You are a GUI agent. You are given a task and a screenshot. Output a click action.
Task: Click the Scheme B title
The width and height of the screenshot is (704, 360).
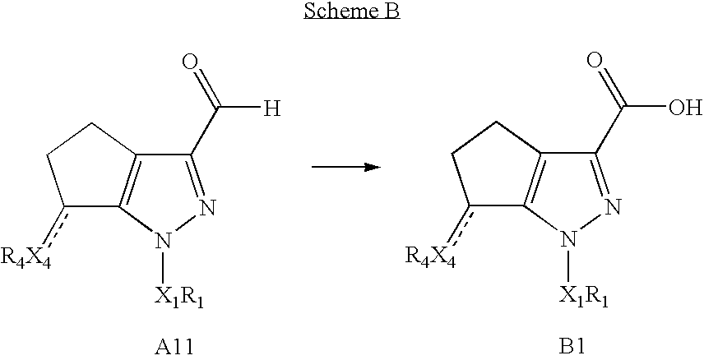351,13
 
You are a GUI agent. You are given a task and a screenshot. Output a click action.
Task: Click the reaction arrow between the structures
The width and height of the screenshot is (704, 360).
345,167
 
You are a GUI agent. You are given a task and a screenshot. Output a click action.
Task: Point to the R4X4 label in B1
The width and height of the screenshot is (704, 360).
429,258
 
